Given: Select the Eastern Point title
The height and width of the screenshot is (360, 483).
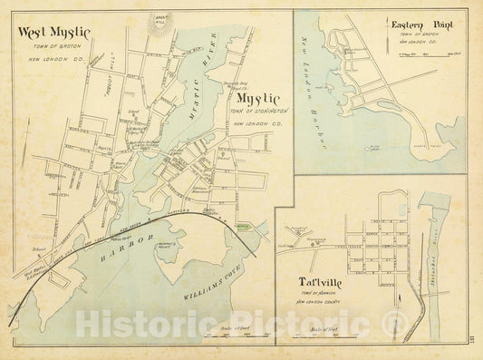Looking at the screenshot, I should click(x=416, y=25).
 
